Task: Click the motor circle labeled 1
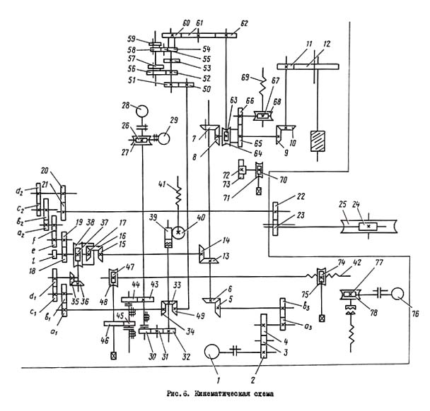click(x=214, y=350)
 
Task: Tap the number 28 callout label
click(x=125, y=107)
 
